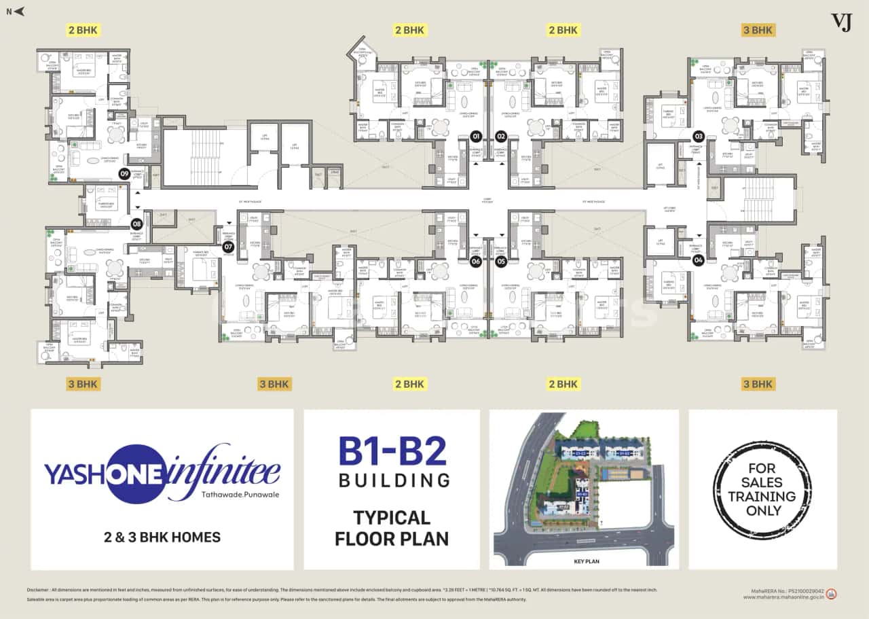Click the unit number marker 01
click(x=476, y=135)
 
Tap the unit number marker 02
click(x=501, y=135)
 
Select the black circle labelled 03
click(x=697, y=135)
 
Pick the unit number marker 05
click(x=501, y=261)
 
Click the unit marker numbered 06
click(x=476, y=261)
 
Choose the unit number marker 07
click(x=228, y=247)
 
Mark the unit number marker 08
click(x=136, y=224)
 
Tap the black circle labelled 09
click(x=124, y=174)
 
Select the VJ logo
click(x=841, y=22)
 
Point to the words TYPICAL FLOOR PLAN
click(x=392, y=528)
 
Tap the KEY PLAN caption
click(x=585, y=561)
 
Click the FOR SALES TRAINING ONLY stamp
click(x=762, y=489)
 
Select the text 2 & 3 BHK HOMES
click(x=162, y=537)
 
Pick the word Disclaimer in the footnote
click(x=39, y=590)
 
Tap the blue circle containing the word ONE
click(x=138, y=474)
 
